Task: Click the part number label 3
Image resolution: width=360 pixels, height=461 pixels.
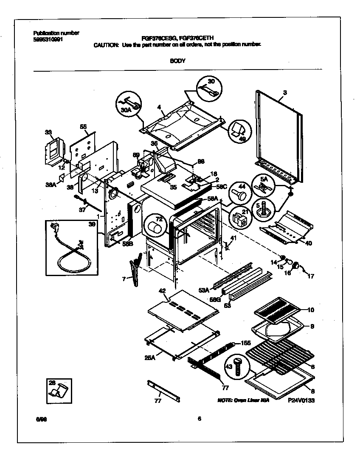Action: [285, 92]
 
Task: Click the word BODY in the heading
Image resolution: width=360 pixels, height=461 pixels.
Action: [177, 61]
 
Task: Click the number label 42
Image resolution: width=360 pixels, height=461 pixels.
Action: [161, 291]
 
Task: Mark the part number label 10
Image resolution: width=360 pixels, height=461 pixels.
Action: [311, 310]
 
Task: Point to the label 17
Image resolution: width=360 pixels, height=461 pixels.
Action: [311, 276]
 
